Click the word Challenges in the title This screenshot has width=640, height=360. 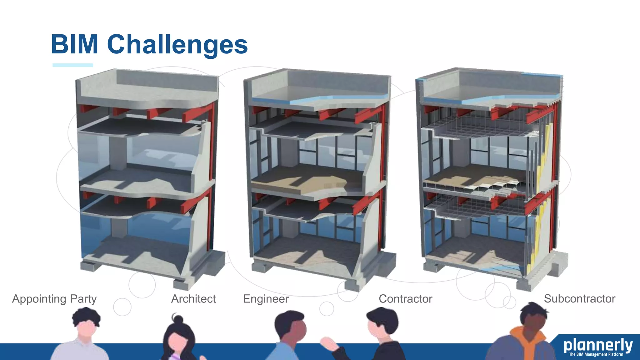point(177,45)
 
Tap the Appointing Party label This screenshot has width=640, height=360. point(54,299)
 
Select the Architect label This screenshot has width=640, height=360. point(193,299)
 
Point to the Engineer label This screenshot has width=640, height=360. point(266,299)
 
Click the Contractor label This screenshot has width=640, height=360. point(406,299)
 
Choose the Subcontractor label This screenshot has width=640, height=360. point(580,298)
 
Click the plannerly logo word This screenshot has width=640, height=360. point(598,345)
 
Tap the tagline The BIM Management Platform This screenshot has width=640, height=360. point(596,354)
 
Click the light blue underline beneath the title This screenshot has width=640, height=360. point(73,65)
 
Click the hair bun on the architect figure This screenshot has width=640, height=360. point(178,320)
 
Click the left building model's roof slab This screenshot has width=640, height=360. point(147,91)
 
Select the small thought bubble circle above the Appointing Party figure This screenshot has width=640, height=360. point(122,307)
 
